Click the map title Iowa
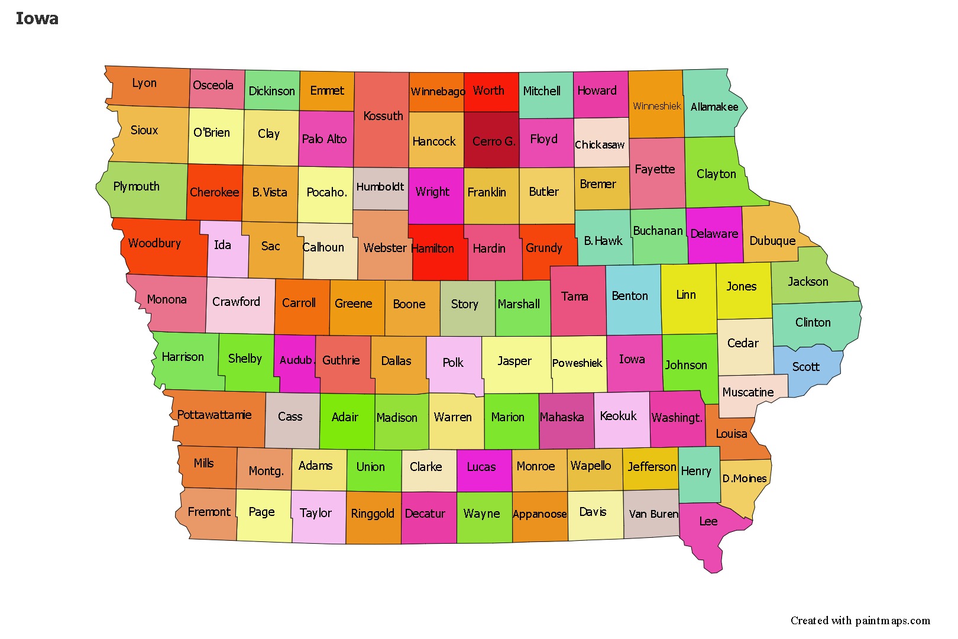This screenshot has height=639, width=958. point(37,19)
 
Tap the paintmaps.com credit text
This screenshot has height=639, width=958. point(860,621)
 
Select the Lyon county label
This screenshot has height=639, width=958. point(144,83)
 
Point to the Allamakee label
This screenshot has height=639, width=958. point(714,107)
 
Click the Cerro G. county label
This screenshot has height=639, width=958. point(494,141)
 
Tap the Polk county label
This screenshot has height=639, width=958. point(453,363)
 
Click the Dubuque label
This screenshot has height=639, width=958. point(772,241)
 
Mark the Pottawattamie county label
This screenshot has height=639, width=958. point(214,415)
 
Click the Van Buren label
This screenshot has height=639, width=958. point(653,514)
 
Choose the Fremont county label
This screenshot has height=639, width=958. point(209,512)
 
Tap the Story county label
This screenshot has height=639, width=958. point(464,304)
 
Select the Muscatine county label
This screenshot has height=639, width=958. point(747,392)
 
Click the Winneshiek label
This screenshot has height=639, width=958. point(656,106)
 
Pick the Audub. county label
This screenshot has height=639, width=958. point(296,360)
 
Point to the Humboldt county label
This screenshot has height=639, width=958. point(380,187)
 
